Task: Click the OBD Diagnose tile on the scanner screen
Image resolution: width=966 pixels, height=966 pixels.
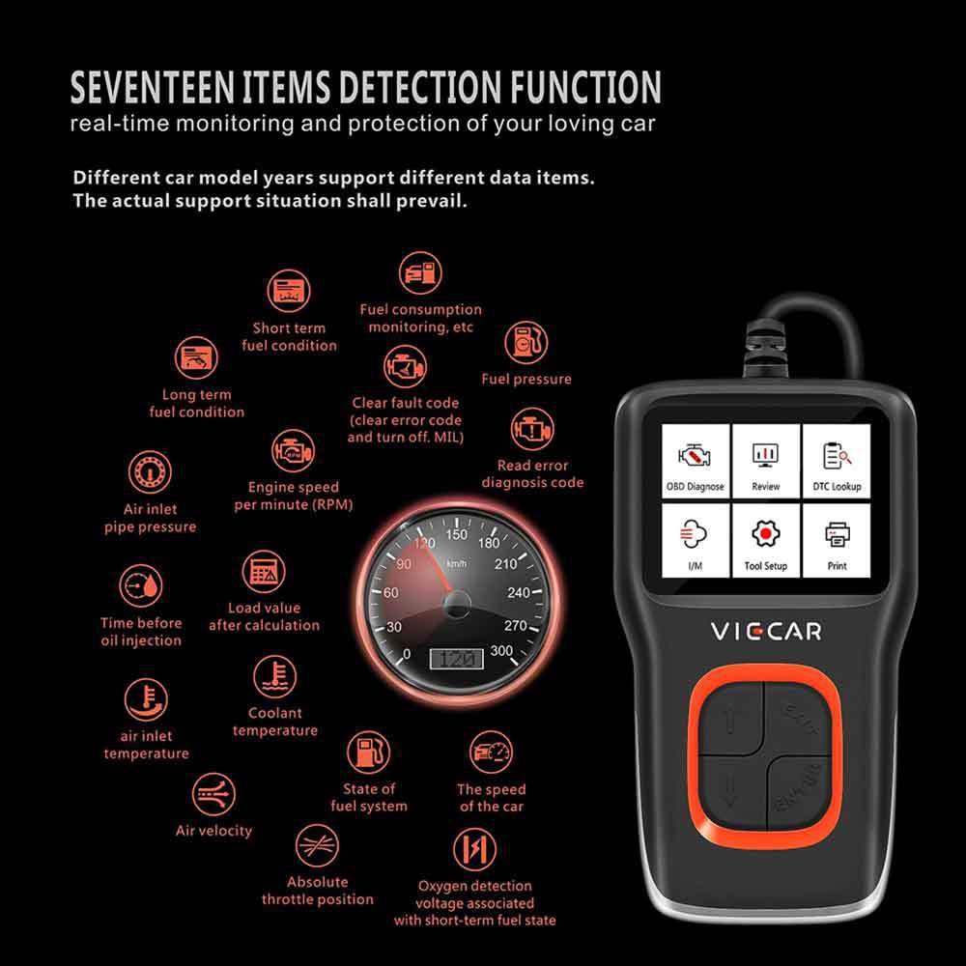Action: (695, 460)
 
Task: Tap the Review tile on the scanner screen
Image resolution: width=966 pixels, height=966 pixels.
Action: (766, 460)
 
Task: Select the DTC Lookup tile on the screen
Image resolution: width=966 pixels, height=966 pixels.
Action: (837, 460)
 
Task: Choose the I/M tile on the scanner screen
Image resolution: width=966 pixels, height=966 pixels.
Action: (695, 540)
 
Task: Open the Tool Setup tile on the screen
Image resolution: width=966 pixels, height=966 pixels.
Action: (766, 540)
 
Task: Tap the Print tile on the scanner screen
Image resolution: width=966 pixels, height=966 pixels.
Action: (837, 540)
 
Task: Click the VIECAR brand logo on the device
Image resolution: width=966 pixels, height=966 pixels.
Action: (766, 632)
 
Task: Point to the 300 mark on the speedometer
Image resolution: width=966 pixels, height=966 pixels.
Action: (501, 650)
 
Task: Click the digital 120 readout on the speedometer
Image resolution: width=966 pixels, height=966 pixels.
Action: (457, 659)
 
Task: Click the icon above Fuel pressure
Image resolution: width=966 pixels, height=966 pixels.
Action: (526, 343)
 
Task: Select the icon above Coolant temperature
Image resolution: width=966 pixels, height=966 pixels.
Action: (274, 676)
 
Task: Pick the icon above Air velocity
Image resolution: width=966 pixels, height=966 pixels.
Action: (213, 795)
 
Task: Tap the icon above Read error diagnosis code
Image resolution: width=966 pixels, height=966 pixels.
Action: (532, 430)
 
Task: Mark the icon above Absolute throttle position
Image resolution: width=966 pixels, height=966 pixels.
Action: (317, 846)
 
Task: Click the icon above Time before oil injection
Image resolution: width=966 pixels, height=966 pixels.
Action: (141, 586)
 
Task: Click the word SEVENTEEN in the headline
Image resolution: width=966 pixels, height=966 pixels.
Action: (153, 87)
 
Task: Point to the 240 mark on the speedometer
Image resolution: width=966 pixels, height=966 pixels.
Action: (518, 593)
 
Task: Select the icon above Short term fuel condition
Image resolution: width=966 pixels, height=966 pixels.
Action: (288, 291)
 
